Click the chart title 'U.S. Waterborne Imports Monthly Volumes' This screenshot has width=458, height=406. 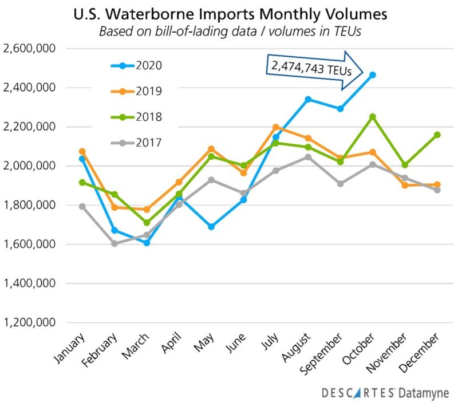tap(229, 13)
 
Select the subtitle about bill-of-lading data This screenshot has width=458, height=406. tap(229, 31)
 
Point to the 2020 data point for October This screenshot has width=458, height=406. tap(372, 74)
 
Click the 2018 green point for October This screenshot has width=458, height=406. tap(372, 117)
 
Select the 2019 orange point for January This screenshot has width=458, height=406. tap(82, 151)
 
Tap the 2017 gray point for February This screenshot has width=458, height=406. tap(114, 243)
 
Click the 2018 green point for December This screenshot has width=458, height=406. tap(437, 135)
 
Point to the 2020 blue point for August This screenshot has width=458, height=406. tap(308, 99)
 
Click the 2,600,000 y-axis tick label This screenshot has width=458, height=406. tap(29, 49)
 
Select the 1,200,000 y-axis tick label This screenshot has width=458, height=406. tap(29, 322)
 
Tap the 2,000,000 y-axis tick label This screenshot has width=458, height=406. tap(29, 166)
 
